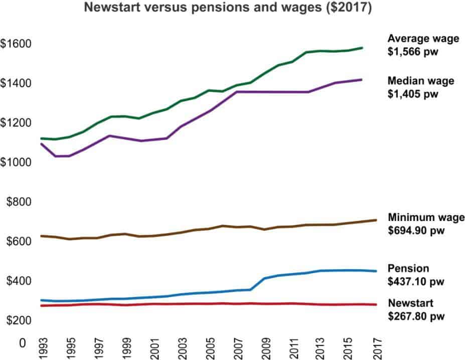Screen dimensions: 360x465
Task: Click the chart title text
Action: tap(227, 9)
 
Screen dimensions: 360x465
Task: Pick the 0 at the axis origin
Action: tap(22, 343)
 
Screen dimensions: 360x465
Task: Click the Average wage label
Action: tap(423, 39)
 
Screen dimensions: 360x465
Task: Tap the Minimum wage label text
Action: tap(426, 217)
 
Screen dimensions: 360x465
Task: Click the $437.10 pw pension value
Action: tap(416, 281)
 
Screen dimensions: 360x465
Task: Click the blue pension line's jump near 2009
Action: tap(257, 283)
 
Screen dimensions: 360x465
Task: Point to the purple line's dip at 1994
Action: tap(56, 156)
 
